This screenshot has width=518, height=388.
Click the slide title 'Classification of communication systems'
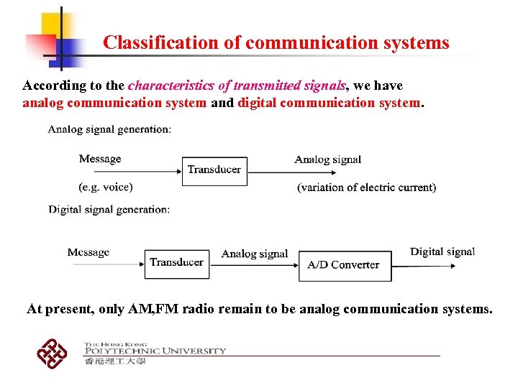[276, 42]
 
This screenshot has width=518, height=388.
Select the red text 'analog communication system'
[114, 102]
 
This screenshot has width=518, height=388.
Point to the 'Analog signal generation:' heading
[109, 129]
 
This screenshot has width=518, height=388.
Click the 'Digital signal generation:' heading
[109, 209]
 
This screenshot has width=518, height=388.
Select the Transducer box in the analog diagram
[214, 170]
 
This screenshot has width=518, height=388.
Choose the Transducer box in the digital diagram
[177, 263]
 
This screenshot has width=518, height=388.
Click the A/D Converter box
[344, 265]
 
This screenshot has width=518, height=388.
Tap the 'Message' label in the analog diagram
[100, 159]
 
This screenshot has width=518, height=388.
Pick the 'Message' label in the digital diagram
[88, 252]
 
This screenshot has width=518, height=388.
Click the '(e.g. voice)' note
[106, 187]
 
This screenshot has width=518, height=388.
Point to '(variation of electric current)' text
[366, 188]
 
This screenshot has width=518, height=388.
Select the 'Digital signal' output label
[442, 251]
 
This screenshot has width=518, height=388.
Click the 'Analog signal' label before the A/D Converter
[255, 254]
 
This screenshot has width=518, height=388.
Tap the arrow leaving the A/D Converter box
[424, 266]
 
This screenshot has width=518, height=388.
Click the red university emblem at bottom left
[53, 353]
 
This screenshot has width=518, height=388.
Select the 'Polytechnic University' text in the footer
[155, 351]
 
